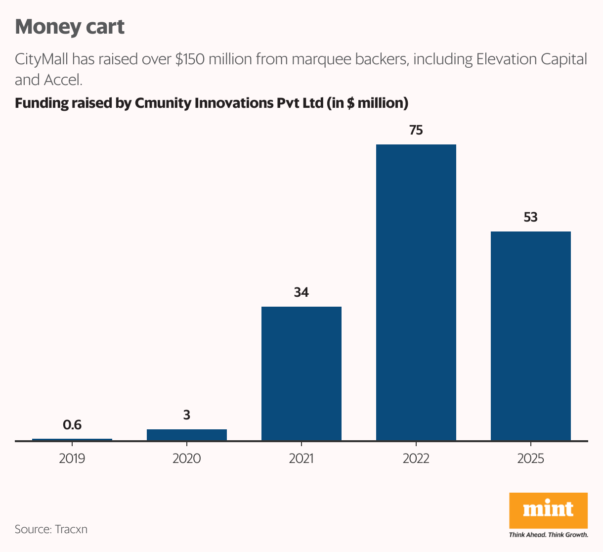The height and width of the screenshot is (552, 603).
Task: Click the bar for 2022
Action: (x=416, y=292)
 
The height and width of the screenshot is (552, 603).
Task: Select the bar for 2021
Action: (x=301, y=373)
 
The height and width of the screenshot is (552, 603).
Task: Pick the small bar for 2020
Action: (x=186, y=434)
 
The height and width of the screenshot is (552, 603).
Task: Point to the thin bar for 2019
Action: (x=72, y=439)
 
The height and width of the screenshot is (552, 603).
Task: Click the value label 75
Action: (x=416, y=131)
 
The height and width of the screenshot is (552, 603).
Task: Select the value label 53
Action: (x=530, y=218)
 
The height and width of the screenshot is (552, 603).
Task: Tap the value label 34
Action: (x=301, y=293)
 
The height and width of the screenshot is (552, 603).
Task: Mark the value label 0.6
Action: (x=72, y=425)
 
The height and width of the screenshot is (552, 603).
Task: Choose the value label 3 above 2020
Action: (x=186, y=415)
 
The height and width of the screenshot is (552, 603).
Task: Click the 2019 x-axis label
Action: (x=72, y=459)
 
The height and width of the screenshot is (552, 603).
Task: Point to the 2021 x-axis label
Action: (x=301, y=459)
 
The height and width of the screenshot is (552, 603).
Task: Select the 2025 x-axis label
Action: (x=530, y=459)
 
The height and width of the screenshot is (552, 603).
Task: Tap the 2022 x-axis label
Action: (x=416, y=459)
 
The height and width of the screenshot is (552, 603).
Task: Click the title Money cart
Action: (x=70, y=27)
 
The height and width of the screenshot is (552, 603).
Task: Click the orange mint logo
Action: (x=548, y=510)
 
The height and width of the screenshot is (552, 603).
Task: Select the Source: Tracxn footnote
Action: (x=51, y=529)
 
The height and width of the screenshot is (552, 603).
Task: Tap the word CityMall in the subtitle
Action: (x=42, y=59)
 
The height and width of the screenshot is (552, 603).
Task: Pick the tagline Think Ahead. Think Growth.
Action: (x=548, y=535)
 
